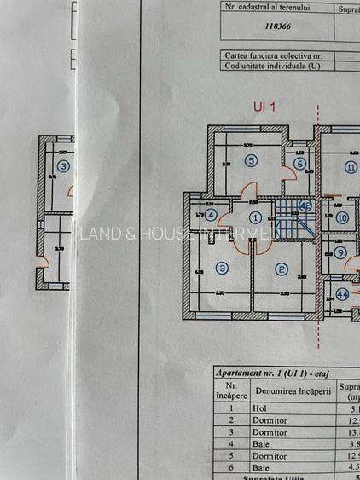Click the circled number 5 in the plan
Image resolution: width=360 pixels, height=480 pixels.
coord(250,159)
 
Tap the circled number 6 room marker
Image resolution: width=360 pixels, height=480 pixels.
coord(299,165)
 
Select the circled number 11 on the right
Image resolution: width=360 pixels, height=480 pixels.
coord(351,167)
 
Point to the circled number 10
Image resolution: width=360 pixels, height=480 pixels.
coord(342,217)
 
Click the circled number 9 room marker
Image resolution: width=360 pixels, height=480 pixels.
coord(340,252)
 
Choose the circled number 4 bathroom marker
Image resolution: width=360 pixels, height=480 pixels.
coord(211,215)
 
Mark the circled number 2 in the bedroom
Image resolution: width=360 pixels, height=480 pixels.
coord(281,269)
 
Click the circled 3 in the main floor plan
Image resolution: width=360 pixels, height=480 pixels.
coord(223,268)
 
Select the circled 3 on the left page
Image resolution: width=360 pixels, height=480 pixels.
coord(63,165)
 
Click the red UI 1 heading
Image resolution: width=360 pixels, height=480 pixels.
coord(265,107)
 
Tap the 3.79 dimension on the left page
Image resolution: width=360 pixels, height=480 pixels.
coord(60,249)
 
